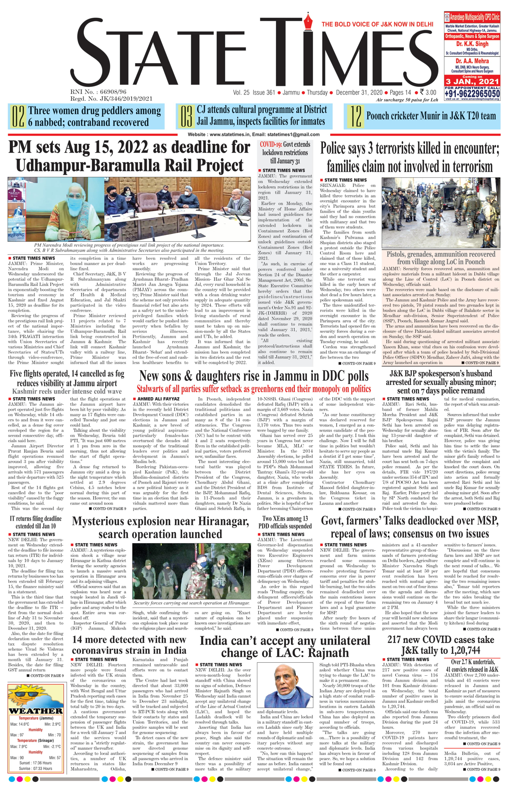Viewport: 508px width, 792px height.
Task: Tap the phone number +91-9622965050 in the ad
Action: click(472, 94)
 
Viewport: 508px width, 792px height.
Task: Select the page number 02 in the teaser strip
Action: click(18, 117)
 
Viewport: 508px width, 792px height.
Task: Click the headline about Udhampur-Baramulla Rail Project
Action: click(130, 156)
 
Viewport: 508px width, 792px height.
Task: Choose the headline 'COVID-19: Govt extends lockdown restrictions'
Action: click(285, 153)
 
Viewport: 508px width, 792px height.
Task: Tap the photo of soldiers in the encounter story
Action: click(441, 213)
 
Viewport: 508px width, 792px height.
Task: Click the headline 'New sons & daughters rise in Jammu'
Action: click(254, 376)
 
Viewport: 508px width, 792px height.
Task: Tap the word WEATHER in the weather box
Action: click(36, 711)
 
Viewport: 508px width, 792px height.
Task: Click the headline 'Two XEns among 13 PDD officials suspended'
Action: click(285, 522)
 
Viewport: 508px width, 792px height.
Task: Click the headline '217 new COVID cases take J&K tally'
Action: click(441, 645)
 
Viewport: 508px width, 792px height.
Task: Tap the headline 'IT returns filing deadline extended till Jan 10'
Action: click(36, 522)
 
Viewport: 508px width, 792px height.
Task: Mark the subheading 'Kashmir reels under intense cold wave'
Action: click(67, 391)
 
